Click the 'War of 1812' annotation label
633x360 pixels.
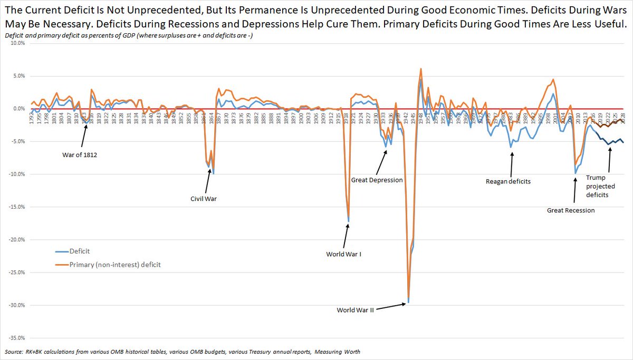point(80,155)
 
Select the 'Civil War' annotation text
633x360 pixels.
point(204,199)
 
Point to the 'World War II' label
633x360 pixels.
point(355,310)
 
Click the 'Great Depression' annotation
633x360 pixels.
point(377,180)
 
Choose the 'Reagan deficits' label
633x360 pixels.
point(508,181)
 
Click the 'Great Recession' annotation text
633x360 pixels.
point(571,210)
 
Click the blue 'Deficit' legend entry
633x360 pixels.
point(79,252)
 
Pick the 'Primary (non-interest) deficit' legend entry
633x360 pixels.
point(114,265)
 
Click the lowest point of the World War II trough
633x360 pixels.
point(409,303)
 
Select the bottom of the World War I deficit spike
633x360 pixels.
point(349,220)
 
